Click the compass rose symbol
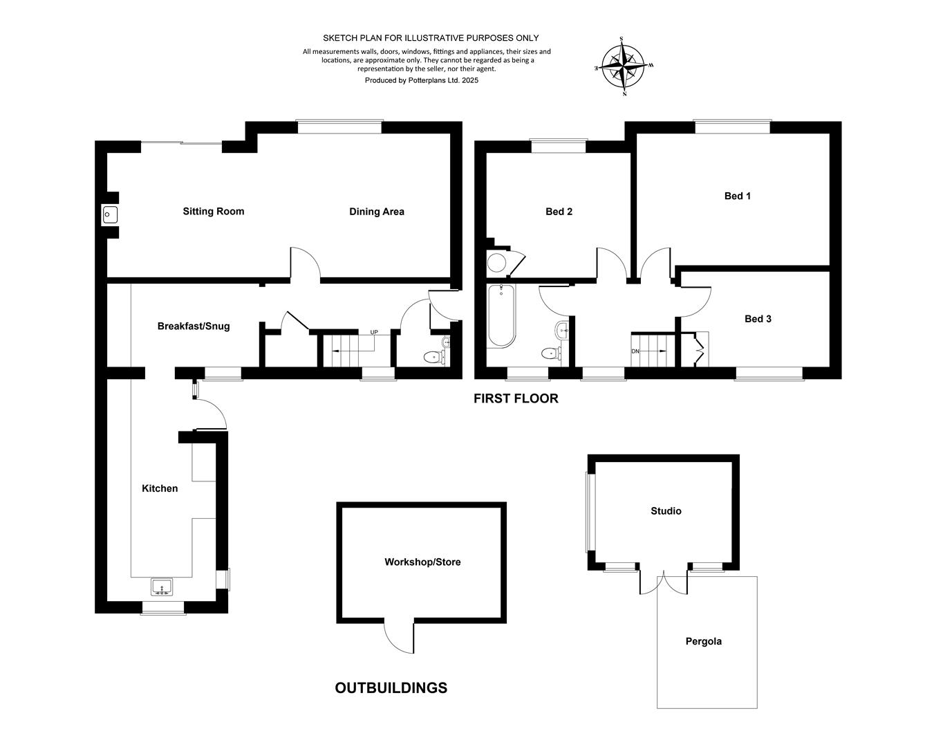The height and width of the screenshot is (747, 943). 623,66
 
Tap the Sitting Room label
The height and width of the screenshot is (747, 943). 214,211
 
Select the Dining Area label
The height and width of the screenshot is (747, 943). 376,212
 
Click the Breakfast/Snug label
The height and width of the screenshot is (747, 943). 194,326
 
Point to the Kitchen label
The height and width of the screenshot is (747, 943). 160,488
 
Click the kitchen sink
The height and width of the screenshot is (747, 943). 162,587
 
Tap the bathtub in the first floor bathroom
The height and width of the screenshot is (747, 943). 502,316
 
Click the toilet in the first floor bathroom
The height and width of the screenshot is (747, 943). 552,353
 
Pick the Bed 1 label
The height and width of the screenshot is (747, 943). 738,196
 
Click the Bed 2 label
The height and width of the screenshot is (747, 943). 559,212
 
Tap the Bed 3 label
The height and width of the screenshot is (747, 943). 758,319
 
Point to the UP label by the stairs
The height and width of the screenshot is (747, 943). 374,332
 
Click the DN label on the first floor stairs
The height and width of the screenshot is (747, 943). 635,351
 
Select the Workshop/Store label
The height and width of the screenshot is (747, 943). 422,562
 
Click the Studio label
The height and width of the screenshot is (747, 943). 666,511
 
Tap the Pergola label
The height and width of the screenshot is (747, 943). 703,641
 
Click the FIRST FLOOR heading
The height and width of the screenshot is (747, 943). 516,398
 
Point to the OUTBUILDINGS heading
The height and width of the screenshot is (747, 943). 391,688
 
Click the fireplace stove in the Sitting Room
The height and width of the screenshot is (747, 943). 109,215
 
